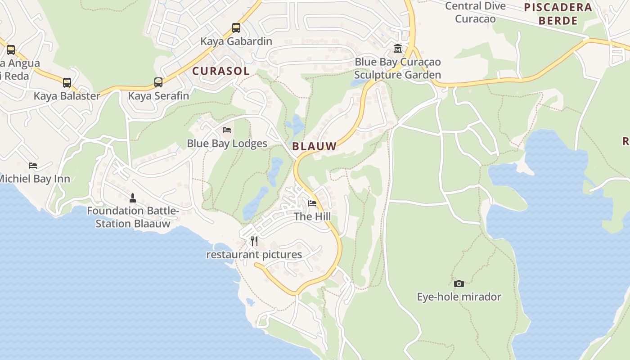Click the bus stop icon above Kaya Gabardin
236,28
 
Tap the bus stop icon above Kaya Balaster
67,83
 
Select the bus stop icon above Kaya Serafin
158,82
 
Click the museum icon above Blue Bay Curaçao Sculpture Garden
398,49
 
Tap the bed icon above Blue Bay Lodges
227,130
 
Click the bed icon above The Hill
312,203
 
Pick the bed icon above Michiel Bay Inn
33,166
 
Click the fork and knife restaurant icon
254,241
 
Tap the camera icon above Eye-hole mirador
459,283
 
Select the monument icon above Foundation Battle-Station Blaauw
133,198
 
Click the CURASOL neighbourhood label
220,71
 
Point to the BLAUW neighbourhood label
314,146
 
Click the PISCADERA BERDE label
558,14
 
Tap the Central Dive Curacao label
475,12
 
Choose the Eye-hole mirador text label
459,297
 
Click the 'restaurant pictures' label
254,255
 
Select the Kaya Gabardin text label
236,41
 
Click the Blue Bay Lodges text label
227,144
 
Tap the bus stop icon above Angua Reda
11,50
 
